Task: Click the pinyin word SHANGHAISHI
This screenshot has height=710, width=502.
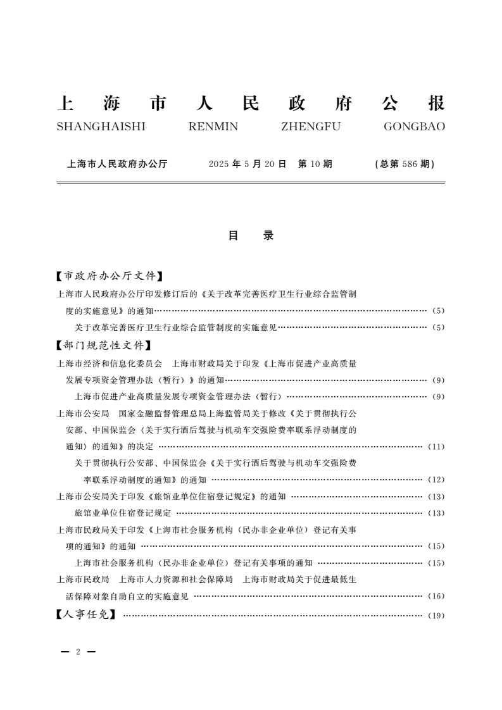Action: click(x=101, y=127)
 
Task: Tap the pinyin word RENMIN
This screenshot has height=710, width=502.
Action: click(x=213, y=127)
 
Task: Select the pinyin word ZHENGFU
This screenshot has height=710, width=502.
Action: click(x=310, y=127)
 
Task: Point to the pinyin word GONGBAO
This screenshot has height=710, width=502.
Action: click(x=414, y=127)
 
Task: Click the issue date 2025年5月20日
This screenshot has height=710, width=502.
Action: click(x=248, y=164)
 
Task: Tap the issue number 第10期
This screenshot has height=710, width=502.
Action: click(x=315, y=164)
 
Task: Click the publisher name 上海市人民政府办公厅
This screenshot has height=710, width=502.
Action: click(x=117, y=164)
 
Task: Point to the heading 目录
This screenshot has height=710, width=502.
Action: click(x=251, y=235)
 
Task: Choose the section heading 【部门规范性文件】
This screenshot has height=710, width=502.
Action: click(x=104, y=346)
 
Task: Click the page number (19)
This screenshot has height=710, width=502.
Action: click(x=436, y=614)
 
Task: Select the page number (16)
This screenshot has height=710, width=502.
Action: click(x=436, y=596)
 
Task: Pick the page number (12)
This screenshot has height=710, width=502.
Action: click(x=436, y=480)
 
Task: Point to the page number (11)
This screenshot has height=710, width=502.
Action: click(x=436, y=447)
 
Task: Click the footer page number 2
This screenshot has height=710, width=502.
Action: click(x=77, y=652)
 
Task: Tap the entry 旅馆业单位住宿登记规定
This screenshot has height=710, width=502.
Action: click(x=123, y=513)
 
